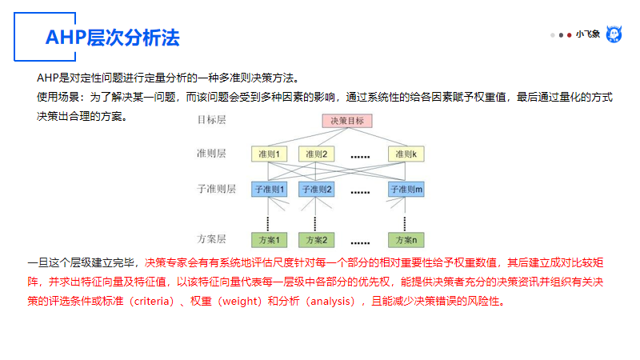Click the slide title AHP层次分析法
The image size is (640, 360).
coord(112,38)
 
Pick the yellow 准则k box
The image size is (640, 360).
coord(406,154)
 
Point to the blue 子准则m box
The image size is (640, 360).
coord(406,190)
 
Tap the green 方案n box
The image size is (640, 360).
coord(406,240)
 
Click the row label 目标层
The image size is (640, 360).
coord(212,120)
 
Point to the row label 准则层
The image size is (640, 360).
coord(212,153)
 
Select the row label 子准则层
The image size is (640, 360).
coord(216,190)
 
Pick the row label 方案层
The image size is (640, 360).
coord(212,239)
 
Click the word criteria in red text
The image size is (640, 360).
coord(150,302)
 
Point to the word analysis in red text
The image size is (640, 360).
coord(330,302)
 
